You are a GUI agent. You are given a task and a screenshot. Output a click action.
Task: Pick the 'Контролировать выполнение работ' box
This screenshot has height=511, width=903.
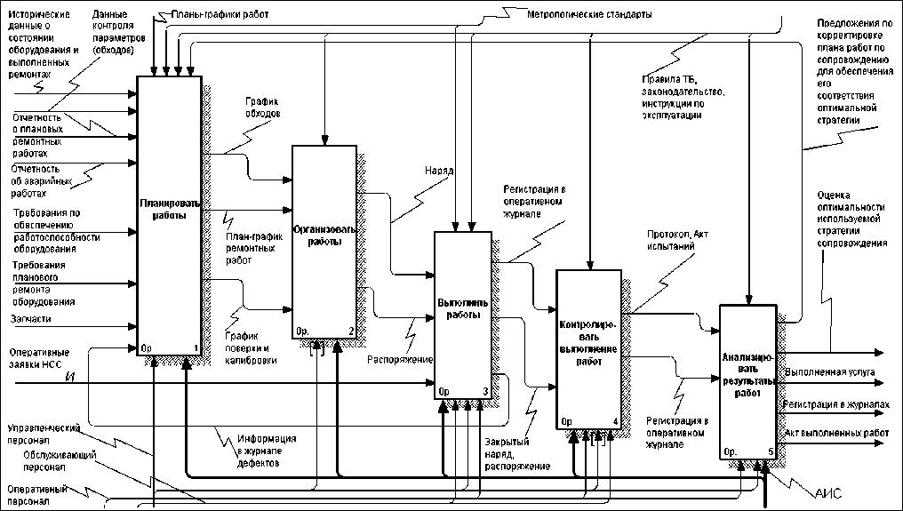pyautogui.click(x=587, y=347)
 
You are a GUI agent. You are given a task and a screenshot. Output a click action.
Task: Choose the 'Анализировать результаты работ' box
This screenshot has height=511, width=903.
pyautogui.click(x=748, y=382)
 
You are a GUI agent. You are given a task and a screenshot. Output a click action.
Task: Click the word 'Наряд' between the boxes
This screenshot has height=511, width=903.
pyautogui.click(x=439, y=169)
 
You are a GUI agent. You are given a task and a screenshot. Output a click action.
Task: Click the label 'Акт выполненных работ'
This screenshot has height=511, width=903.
pyautogui.click(x=836, y=433)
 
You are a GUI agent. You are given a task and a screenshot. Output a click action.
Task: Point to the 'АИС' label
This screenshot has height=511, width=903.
pyautogui.click(x=827, y=491)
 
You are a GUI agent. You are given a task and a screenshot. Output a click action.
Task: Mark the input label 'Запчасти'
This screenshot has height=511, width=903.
pyautogui.click(x=32, y=317)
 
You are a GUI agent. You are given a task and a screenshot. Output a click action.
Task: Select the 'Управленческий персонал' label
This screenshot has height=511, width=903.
pyautogui.click(x=40, y=433)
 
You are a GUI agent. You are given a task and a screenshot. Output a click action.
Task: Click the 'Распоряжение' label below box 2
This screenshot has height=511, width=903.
pyautogui.click(x=400, y=360)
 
